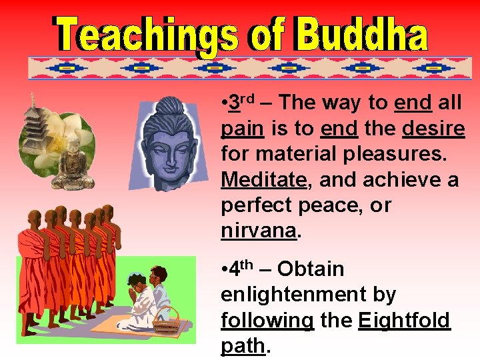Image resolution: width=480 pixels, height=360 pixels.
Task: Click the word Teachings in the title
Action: point(136,35)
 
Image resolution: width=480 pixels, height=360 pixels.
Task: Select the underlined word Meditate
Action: point(263,180)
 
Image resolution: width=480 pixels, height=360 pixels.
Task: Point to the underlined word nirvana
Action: point(258,231)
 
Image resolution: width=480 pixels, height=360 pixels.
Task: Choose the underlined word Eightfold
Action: point(404,321)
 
